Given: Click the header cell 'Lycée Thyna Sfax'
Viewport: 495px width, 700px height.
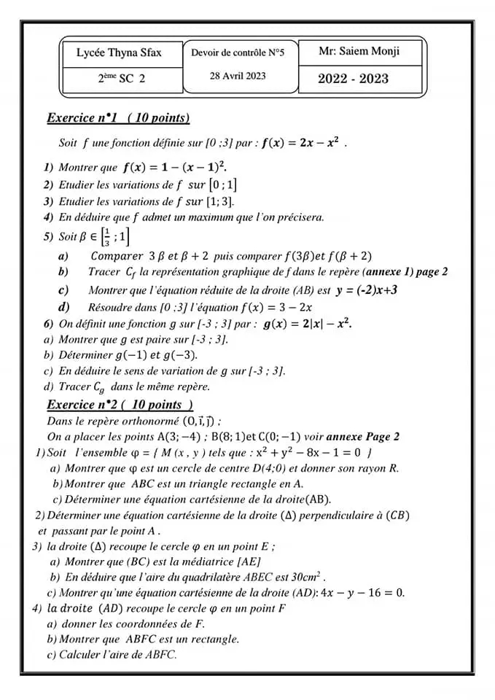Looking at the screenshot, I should click(x=119, y=52).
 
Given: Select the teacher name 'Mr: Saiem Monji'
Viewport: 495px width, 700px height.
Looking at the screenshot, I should click(x=359, y=52).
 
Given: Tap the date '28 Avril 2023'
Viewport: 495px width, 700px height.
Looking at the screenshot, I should click(x=238, y=76).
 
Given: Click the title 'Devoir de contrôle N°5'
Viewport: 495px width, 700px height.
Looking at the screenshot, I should click(x=238, y=52).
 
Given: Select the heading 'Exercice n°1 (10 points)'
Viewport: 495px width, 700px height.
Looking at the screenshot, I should click(x=118, y=117).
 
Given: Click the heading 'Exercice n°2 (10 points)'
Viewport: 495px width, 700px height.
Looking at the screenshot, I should click(x=120, y=405).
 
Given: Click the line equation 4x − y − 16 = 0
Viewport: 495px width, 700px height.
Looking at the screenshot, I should click(x=362, y=593).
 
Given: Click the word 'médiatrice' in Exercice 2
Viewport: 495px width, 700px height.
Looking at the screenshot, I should click(x=201, y=561).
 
